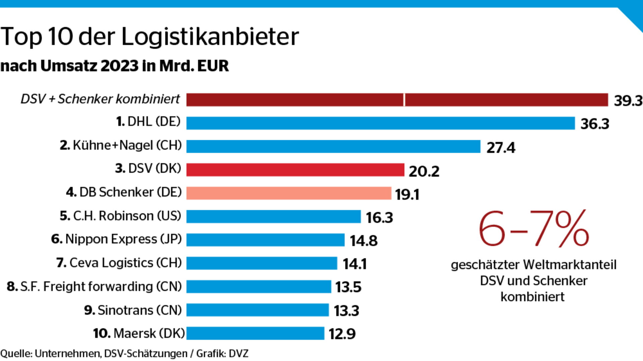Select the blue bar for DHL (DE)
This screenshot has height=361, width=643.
coord(380,123)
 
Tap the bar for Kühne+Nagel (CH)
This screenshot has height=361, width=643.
coord(333,147)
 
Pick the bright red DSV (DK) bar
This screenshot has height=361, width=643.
coord(295,170)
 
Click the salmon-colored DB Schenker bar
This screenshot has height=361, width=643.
coord(289,193)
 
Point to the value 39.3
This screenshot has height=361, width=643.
coord(628,101)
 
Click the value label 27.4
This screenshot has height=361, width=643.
coord(501,148)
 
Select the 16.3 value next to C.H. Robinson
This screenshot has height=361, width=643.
coord(379,218)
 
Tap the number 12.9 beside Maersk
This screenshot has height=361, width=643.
coord(342,334)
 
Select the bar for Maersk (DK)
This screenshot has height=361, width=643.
coord(255,333)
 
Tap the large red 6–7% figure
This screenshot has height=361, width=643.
coord(533,229)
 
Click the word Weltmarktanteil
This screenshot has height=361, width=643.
coord(569,265)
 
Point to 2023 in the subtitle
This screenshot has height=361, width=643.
coord(119,66)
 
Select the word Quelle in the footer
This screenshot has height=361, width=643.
coord(16,354)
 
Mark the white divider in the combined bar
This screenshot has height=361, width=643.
coord(405,100)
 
